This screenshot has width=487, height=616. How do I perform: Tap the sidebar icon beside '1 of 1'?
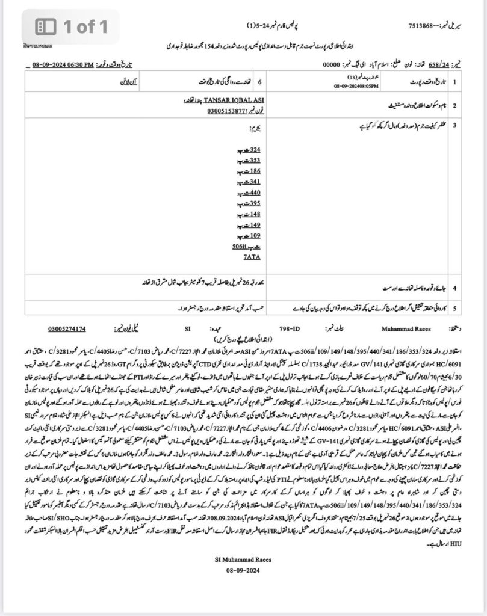[x=46, y=27]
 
